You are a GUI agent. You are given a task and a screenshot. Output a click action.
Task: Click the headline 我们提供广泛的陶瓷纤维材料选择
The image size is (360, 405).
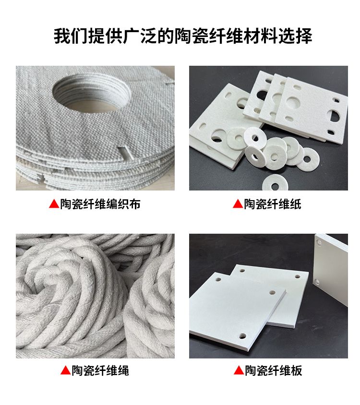(183, 36)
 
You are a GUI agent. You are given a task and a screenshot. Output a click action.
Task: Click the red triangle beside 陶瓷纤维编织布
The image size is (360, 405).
(54, 204)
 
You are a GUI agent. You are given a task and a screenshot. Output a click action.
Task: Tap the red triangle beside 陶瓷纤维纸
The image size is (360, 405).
(238, 204)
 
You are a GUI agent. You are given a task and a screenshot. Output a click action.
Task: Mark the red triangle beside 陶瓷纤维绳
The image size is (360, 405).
(66, 370)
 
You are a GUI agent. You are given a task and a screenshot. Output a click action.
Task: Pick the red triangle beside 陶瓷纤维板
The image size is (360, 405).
(239, 370)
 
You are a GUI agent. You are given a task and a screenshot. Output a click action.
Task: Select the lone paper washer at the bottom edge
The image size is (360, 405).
(275, 183)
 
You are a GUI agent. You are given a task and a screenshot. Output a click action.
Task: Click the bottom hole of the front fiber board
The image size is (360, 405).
(242, 336)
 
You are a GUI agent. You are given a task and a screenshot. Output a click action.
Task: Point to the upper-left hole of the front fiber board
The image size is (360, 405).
(218, 280)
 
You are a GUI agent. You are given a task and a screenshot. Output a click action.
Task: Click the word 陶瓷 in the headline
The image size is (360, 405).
(191, 36)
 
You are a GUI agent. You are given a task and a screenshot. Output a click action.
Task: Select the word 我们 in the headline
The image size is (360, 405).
(71, 36)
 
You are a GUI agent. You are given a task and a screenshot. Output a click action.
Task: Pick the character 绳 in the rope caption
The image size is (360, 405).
(123, 370)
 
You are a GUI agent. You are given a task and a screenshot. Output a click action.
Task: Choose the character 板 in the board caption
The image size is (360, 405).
(296, 370)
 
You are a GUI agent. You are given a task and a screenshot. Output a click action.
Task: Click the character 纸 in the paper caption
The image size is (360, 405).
(295, 204)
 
